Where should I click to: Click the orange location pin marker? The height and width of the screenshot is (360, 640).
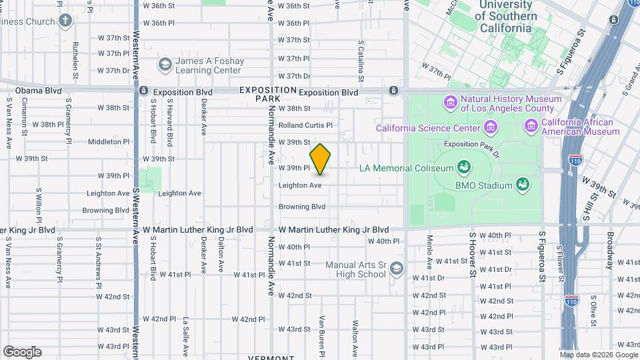[x=321, y=159]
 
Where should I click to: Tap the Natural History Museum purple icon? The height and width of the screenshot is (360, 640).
[x=449, y=103]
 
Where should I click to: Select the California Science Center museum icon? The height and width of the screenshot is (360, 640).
[x=491, y=127]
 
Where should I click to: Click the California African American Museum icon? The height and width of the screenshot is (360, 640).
[x=531, y=126]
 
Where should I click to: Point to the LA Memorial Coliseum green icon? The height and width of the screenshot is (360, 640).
[x=463, y=167]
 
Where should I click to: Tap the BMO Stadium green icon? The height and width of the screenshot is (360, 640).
[x=523, y=185]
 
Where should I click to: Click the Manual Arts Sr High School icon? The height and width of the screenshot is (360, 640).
[x=397, y=269]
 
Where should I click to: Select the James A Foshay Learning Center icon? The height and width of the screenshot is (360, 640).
[x=164, y=65]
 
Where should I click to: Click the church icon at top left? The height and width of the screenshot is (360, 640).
[x=65, y=21]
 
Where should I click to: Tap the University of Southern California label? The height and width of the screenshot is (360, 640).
[x=507, y=17]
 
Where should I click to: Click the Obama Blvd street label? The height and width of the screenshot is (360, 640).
[x=38, y=91]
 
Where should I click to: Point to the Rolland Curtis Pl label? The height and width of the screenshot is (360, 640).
[x=305, y=125]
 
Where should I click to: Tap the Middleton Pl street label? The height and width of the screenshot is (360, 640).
[x=108, y=141]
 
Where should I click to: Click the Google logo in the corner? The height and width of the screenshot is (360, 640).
[x=22, y=352]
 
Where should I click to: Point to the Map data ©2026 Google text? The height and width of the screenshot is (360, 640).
[x=598, y=355]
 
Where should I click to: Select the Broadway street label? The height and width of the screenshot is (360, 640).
[x=609, y=250]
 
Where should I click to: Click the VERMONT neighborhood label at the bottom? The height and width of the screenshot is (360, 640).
[x=271, y=357]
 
